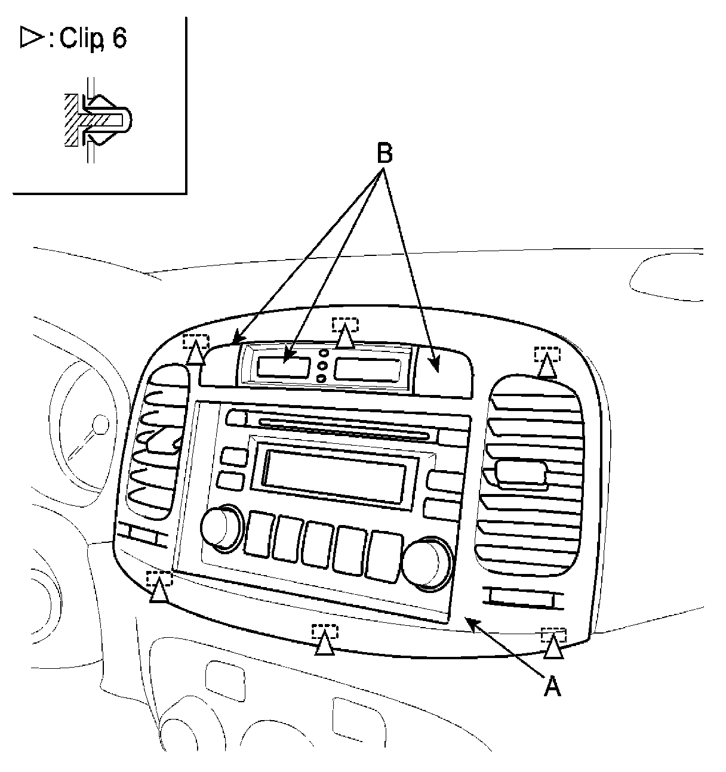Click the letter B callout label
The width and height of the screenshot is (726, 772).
pyautogui.click(x=384, y=154)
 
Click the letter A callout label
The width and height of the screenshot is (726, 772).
pyautogui.click(x=553, y=687)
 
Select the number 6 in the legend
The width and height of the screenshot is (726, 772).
pyautogui.click(x=119, y=39)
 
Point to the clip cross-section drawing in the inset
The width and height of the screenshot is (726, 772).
pyautogui.click(x=96, y=119)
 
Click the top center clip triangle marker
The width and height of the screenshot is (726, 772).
pyautogui.click(x=346, y=338)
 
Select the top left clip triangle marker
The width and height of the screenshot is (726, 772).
pyautogui.click(x=196, y=354)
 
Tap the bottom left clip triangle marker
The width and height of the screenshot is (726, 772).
pyautogui.click(x=159, y=591)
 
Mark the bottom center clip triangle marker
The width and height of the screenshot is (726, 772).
pyautogui.click(x=324, y=644)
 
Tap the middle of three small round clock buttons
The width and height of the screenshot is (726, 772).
pyautogui.click(x=322, y=366)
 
